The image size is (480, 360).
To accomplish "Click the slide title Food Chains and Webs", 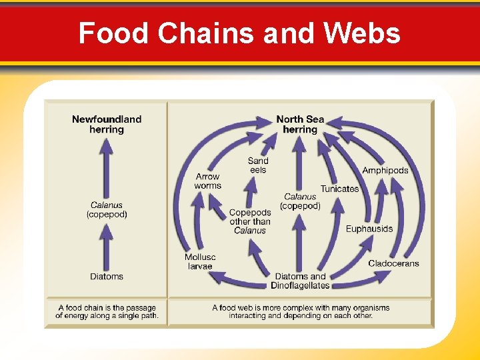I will pyautogui.click(x=239, y=33).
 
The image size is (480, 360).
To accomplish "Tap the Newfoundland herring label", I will pyautogui.click(x=107, y=124).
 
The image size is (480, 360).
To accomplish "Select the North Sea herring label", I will pyautogui.click(x=300, y=124).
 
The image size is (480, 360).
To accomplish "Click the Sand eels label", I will pyautogui.click(x=258, y=165).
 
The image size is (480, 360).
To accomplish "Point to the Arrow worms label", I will pyautogui.click(x=208, y=181).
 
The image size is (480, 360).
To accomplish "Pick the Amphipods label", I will pyautogui.click(x=385, y=171).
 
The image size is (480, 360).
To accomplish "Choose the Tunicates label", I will pyautogui.click(x=339, y=189).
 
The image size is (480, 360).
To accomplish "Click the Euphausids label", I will pyautogui.click(x=369, y=229).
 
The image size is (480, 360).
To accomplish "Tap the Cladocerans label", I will pyautogui.click(x=393, y=263).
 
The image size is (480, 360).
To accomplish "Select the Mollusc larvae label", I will pyautogui.click(x=200, y=261).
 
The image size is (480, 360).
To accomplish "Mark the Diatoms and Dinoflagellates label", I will pyautogui.click(x=300, y=281).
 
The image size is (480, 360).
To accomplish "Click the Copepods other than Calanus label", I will pyautogui.click(x=250, y=221).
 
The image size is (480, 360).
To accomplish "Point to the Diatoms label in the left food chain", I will pyautogui.click(x=107, y=276).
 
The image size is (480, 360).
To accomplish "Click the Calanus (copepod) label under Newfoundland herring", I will pyautogui.click(x=107, y=209).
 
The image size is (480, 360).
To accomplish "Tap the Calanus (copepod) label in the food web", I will pyautogui.click(x=300, y=201).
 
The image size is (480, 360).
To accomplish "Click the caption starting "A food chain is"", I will pyautogui.click(x=107, y=311).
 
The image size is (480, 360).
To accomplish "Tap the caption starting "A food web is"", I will pyautogui.click(x=300, y=311).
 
